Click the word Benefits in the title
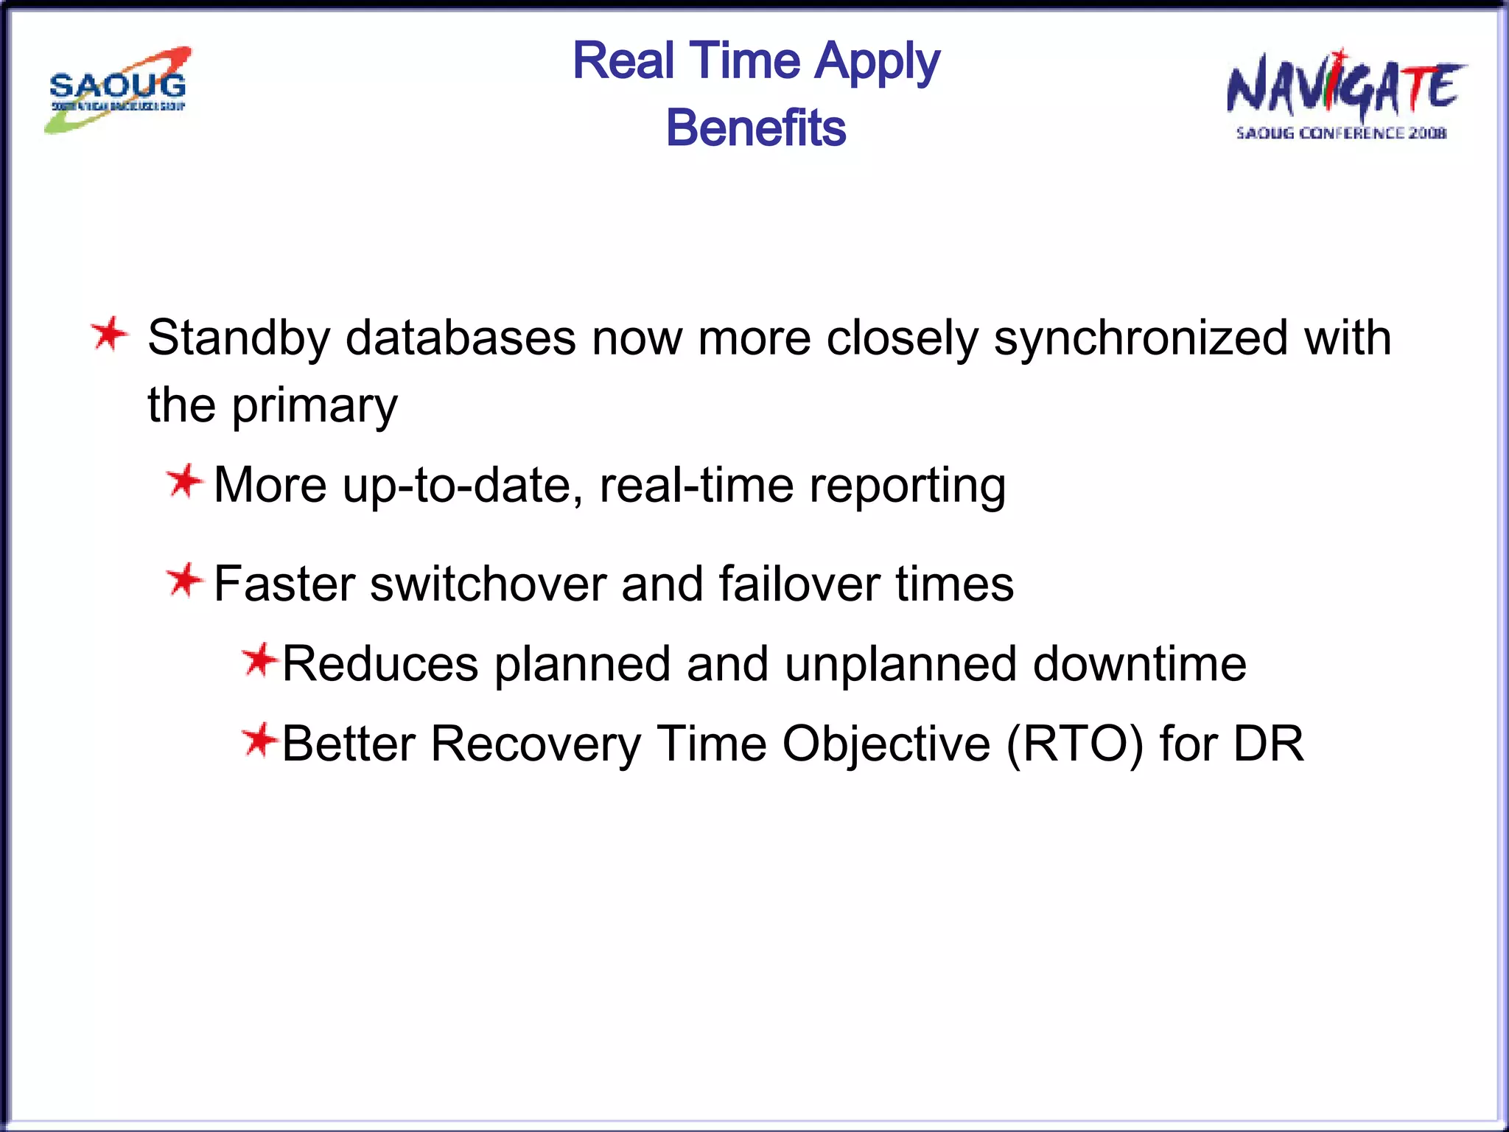(x=756, y=127)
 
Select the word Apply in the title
(x=877, y=62)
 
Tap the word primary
(x=315, y=406)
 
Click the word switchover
(x=488, y=584)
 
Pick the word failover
(x=799, y=584)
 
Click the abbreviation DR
(x=1268, y=744)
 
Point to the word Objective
(x=886, y=744)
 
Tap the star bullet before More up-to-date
(x=183, y=482)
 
